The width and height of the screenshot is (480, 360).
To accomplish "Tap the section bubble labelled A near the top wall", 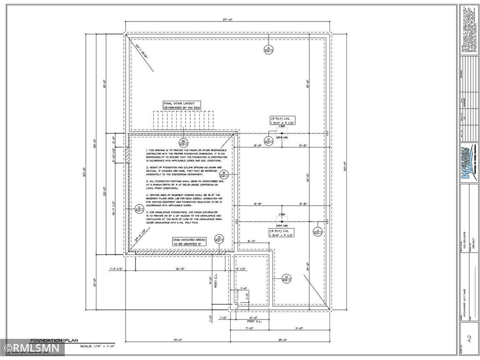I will [268, 50].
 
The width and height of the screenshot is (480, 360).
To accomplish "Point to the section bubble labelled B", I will [224, 174].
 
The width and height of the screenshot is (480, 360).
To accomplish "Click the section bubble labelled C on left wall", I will [139, 209].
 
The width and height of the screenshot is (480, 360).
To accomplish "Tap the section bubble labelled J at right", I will [318, 230].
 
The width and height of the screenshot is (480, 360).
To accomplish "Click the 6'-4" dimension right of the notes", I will [251, 241].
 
